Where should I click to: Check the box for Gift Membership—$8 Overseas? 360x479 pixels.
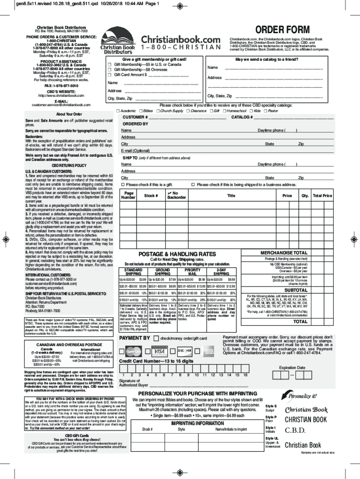[x=110, y=69]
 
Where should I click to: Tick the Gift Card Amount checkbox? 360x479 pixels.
[x=110, y=74]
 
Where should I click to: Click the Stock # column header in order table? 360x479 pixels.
[x=151, y=196]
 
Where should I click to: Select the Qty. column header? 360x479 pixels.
[x=305, y=196]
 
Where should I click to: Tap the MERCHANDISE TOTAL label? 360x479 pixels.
[x=287, y=253]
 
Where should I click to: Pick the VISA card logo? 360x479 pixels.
[x=159, y=351]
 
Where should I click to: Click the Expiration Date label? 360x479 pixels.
[x=292, y=368]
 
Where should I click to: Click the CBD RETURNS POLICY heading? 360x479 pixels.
[x=69, y=166]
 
